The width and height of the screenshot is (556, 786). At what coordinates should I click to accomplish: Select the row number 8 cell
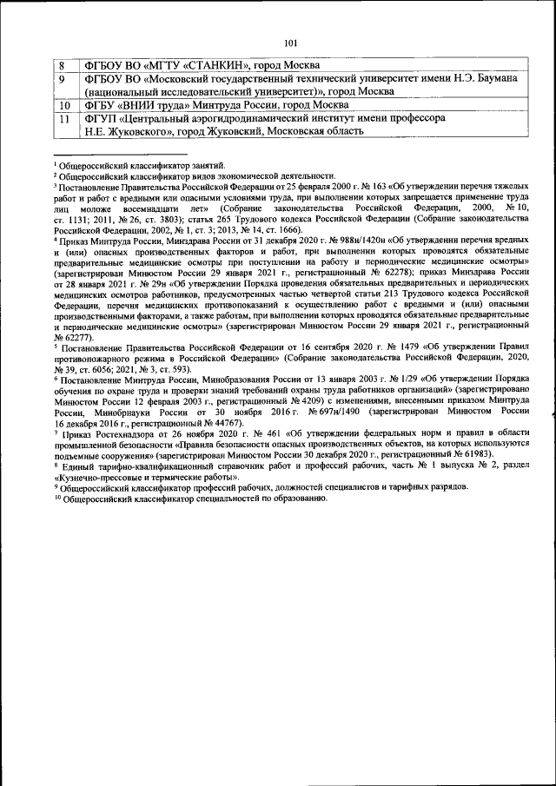click(62, 65)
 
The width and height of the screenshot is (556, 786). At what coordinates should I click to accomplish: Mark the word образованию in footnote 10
click(295, 499)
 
